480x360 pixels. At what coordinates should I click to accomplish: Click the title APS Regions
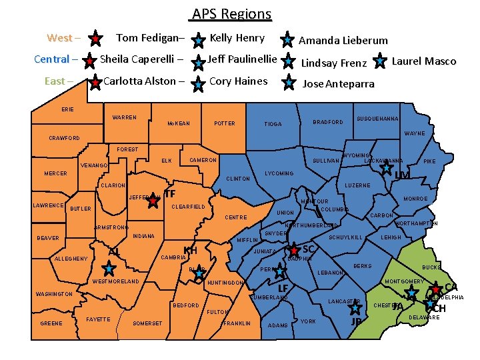tap(231, 14)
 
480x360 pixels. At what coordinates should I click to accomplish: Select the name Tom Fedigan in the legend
tap(150, 38)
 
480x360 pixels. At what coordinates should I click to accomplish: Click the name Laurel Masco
tap(423, 61)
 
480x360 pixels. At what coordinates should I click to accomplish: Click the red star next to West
tap(96, 39)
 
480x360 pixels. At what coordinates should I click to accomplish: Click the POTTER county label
tap(224, 123)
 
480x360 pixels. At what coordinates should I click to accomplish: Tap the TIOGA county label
tap(273, 124)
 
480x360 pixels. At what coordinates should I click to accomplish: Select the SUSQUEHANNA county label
tap(377, 119)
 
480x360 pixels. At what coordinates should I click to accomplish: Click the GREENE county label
tap(51, 323)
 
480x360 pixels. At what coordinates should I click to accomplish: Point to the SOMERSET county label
tap(147, 323)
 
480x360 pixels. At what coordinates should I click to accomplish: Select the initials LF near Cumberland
tap(283, 288)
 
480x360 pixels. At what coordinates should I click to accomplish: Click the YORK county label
tap(308, 321)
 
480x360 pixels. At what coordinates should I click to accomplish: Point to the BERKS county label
tap(362, 266)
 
